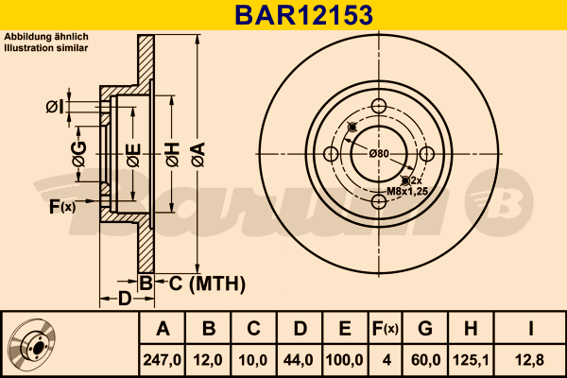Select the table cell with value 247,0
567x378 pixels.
click(162, 358)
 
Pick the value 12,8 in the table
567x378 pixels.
click(531, 358)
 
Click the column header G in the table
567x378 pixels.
click(424, 330)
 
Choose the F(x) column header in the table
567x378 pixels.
click(386, 330)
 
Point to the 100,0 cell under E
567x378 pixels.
click(345, 358)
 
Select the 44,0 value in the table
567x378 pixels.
click(300, 358)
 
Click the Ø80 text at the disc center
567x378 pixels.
click(379, 152)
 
